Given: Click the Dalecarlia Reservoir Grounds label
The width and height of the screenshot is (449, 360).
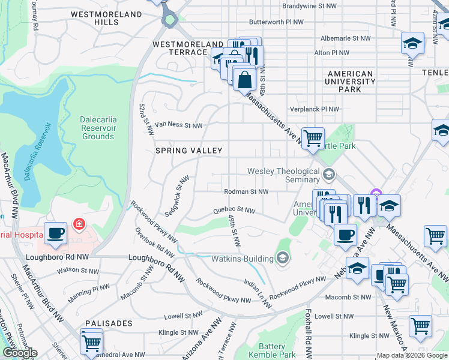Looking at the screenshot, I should pyautogui.click(x=98, y=128).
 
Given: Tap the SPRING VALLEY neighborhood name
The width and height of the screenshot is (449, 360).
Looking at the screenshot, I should pyautogui.click(x=189, y=151).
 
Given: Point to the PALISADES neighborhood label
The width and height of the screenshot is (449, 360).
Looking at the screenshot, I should pyautogui.click(x=109, y=323).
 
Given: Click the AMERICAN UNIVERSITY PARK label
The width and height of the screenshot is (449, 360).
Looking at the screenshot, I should pyautogui.click(x=350, y=82).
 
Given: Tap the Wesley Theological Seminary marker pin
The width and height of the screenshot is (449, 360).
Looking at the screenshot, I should pyautogui.click(x=328, y=175).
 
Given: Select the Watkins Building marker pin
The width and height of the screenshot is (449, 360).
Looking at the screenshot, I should pyautogui.click(x=283, y=259).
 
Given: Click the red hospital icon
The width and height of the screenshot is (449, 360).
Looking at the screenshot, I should pyautogui.click(x=78, y=224).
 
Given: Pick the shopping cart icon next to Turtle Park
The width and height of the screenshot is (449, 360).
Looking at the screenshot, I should pyautogui.click(x=313, y=139).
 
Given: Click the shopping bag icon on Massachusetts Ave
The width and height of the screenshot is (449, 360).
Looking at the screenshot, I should pyautogui.click(x=245, y=79).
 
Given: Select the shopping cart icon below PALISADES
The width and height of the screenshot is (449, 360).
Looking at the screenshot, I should pyautogui.click(x=91, y=343).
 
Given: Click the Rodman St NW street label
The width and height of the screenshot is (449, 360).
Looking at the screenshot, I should pyautogui.click(x=246, y=192).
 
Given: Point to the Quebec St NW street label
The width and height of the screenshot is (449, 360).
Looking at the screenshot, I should pyautogui.click(x=235, y=211).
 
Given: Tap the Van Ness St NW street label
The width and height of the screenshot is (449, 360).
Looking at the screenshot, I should pyautogui.click(x=179, y=125).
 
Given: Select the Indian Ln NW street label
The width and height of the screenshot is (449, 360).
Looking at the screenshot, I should pyautogui.click(x=258, y=290).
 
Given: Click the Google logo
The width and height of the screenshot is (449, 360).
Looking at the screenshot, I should pyautogui.click(x=19, y=353).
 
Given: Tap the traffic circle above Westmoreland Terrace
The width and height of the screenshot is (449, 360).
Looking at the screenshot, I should pyautogui.click(x=170, y=20).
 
